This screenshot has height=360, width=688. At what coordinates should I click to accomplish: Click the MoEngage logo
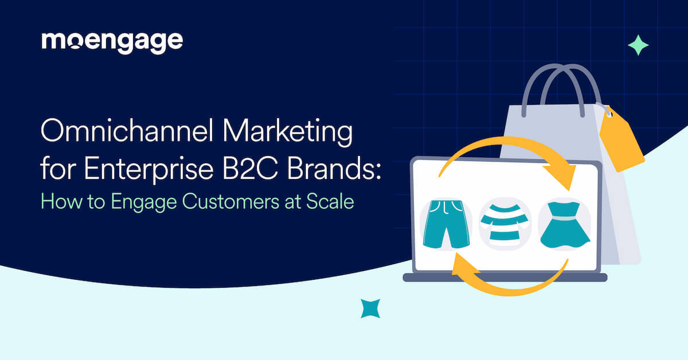(112, 42)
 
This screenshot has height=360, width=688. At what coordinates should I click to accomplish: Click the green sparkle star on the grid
(638, 45)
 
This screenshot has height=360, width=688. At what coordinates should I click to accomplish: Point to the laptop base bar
(505, 277)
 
